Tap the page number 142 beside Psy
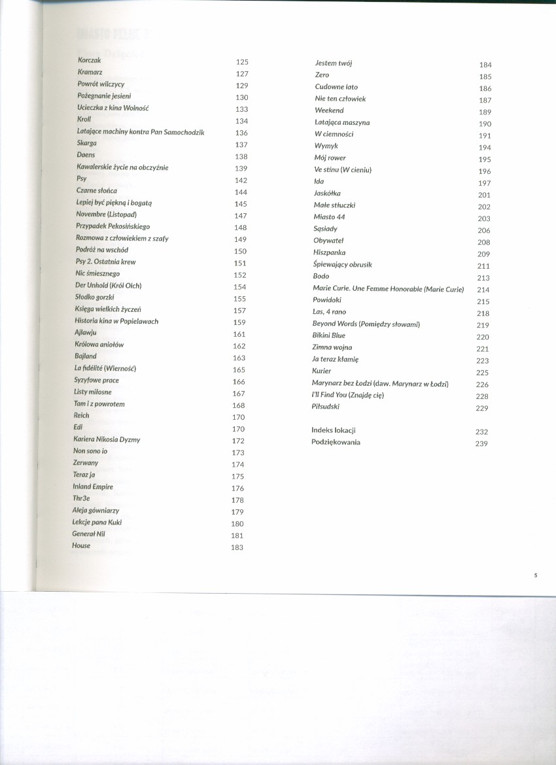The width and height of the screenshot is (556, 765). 240,180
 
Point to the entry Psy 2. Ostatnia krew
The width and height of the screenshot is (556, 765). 105,262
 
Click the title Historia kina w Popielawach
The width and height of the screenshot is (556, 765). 116,321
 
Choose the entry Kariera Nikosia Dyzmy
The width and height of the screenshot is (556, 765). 107,439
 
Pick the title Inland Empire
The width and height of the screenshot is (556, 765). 93,486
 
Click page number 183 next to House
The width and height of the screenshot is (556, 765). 237,547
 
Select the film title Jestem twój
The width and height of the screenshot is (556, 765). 334,63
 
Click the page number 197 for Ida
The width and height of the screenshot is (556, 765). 484,183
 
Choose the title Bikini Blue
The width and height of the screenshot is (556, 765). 328,335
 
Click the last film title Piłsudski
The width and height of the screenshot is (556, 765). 326,407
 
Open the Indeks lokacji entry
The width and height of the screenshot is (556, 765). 334,430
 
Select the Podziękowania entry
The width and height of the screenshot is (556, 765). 336,442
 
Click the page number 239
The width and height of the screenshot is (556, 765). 483,444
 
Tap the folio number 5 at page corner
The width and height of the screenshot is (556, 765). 535,575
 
